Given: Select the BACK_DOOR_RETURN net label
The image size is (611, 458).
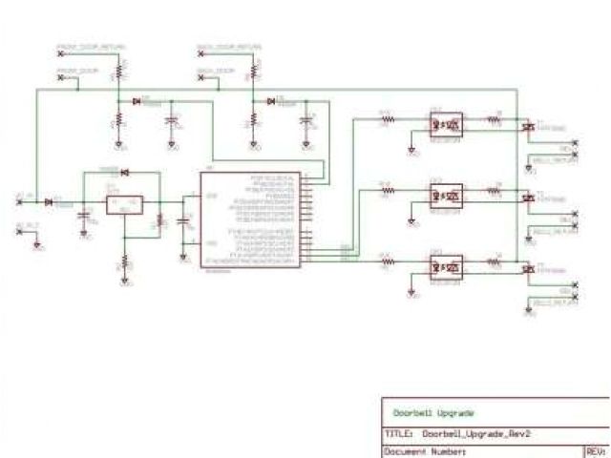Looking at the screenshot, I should click(x=228, y=46).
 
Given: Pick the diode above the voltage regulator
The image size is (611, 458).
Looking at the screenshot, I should click(x=124, y=172).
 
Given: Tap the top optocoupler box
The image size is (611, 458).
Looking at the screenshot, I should click(x=445, y=123).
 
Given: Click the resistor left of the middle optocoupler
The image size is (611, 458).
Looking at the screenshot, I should click(x=388, y=191).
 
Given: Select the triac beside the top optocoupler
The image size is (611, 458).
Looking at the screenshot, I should click(x=527, y=125).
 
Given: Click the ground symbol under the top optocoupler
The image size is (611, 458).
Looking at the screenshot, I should click(x=411, y=150).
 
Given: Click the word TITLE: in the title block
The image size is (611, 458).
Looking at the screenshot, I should click(x=398, y=434).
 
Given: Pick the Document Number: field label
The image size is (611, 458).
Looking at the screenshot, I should click(x=425, y=450).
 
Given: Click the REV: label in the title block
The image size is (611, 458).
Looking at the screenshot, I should click(x=595, y=450).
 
